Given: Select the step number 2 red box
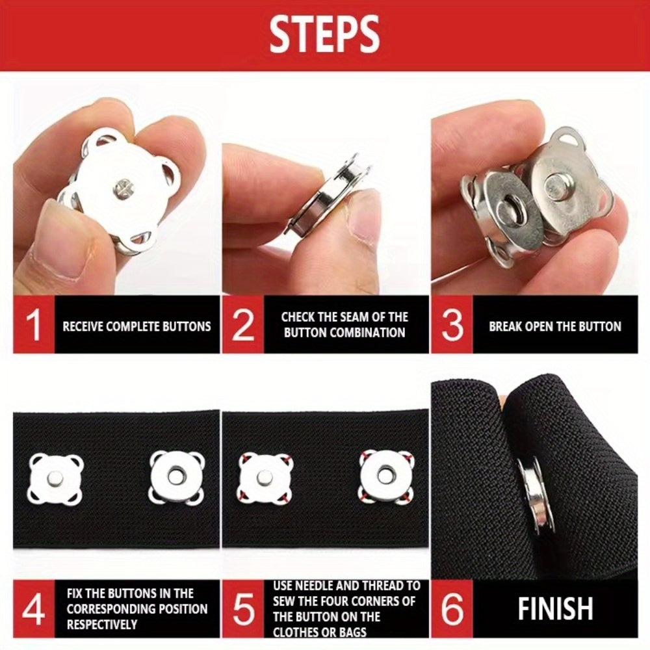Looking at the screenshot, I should [242, 326].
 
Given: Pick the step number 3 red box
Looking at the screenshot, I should [452, 326].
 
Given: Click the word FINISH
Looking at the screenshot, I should [555, 610].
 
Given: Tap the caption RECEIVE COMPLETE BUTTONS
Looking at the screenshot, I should [136, 326].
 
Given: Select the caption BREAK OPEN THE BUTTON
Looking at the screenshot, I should [555, 326].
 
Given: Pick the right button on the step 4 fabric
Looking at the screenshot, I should [177, 477].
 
